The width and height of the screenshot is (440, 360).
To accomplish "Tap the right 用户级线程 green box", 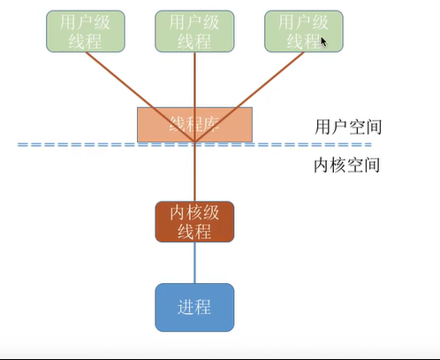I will tap(303, 31).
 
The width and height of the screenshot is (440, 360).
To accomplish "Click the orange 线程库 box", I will tap(193, 125).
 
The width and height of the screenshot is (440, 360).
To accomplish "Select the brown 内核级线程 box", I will tap(193, 221).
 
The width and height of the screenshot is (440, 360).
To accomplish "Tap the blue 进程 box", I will tap(193, 307).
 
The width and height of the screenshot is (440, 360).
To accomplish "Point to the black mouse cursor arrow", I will tap(323, 41).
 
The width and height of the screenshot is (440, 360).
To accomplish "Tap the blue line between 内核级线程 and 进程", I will tap(193, 263).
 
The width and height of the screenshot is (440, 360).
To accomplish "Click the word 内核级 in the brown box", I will tap(193, 212).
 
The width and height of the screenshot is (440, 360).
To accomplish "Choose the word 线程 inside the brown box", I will tap(193, 231).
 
